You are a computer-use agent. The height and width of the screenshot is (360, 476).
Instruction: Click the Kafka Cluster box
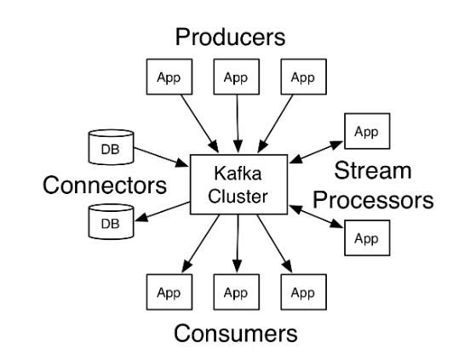pyautogui.click(x=238, y=185)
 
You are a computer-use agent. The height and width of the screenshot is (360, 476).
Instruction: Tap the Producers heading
pyautogui.click(x=230, y=37)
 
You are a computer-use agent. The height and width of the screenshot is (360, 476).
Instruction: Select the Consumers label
pyautogui.click(x=236, y=333)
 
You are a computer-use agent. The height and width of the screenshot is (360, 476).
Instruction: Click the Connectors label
pyautogui.click(x=105, y=185)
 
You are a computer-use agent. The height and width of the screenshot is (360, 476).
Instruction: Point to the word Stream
pyautogui.click(x=373, y=170)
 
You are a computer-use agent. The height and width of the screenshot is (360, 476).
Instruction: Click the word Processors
pyautogui.click(x=373, y=200)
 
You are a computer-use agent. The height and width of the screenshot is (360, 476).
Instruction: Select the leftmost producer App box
pyautogui.click(x=169, y=77)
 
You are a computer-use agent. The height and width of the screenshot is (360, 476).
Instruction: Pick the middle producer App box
pyautogui.click(x=237, y=77)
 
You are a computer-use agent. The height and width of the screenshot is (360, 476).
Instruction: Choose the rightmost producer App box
pyautogui.click(x=304, y=77)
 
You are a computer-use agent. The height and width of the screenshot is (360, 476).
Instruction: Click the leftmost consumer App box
pyautogui.click(x=169, y=292)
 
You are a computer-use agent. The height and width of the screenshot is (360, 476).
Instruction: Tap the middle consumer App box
pyautogui.click(x=237, y=292)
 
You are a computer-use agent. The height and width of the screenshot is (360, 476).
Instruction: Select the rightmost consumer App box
pyautogui.click(x=304, y=292)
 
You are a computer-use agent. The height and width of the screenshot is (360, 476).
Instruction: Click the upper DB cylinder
pyautogui.click(x=111, y=147)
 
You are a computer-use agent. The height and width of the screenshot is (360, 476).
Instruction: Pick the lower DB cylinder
pyautogui.click(x=111, y=221)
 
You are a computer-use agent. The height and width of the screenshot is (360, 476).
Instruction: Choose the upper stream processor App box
pyautogui.click(x=367, y=131)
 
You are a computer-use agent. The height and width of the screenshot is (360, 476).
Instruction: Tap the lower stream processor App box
pyautogui.click(x=367, y=238)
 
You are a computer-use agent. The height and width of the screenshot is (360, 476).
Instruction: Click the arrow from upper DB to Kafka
pyautogui.click(x=161, y=157)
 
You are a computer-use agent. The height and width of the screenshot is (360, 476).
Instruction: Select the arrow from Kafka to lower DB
pyautogui.click(x=163, y=211)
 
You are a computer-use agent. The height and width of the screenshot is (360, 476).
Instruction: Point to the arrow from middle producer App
pyautogui.click(x=238, y=123)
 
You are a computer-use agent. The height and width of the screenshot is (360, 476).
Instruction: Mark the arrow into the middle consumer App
pyautogui.click(x=238, y=243)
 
